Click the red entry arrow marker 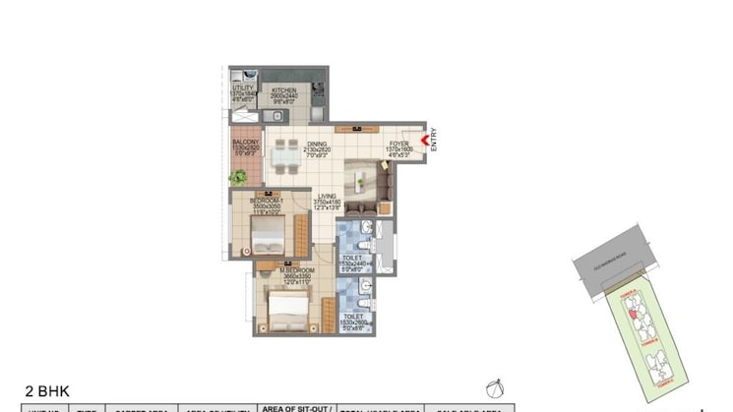pyautogui.click(x=424, y=142)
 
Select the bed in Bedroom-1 pyautogui.click(x=268, y=236)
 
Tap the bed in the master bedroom pyautogui.click(x=289, y=307)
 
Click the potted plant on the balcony pyautogui.click(x=238, y=178)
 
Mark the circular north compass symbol pyautogui.click(x=494, y=388)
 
